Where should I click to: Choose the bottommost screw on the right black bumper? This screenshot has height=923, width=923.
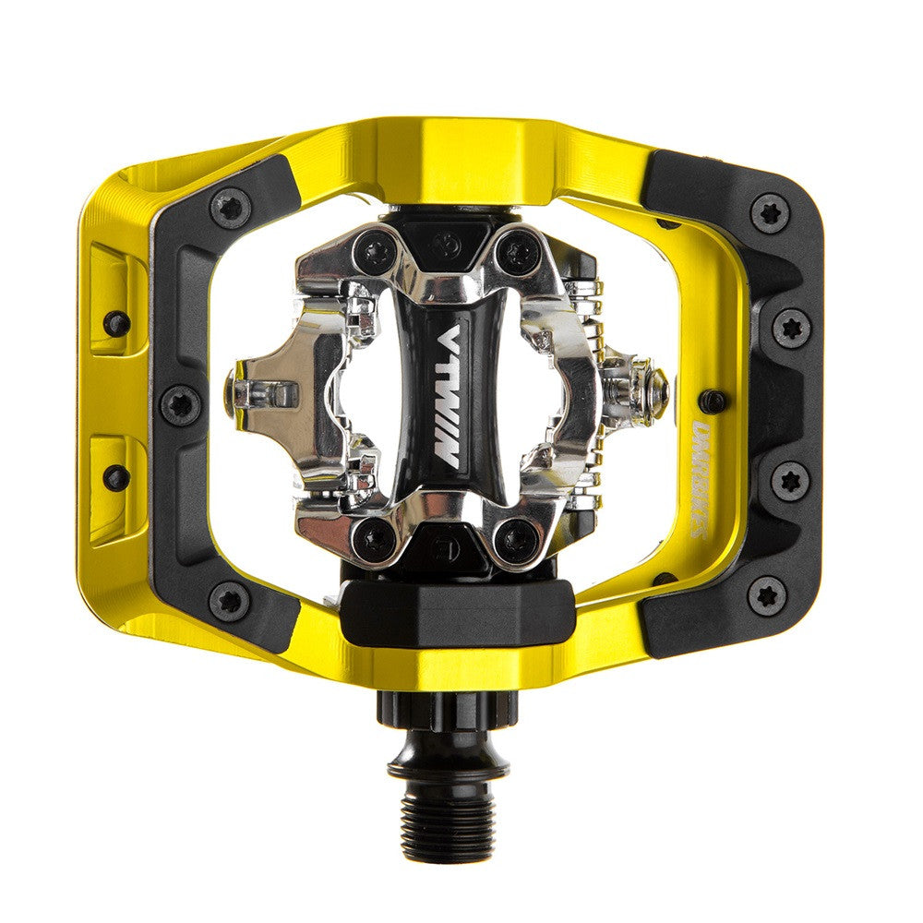766,595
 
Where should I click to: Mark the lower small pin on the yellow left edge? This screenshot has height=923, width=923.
116,477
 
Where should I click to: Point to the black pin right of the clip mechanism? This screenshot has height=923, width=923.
712,401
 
